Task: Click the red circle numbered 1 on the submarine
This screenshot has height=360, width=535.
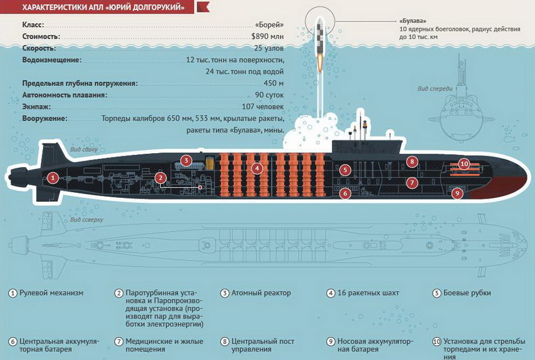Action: click(53, 177)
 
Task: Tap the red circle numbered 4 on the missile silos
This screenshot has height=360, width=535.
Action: click(257, 168)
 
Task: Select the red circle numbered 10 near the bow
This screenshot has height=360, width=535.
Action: click(464, 164)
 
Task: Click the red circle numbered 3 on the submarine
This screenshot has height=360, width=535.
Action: click(186, 160)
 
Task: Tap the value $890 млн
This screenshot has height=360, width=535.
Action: click(268, 37)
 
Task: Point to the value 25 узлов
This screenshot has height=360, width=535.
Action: click(268, 48)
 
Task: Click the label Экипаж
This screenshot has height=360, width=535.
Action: click(37, 107)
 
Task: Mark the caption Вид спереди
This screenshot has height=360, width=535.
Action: click(435, 89)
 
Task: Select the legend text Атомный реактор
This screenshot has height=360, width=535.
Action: click(261, 293)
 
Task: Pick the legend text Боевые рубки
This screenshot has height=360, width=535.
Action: click(467, 293)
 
